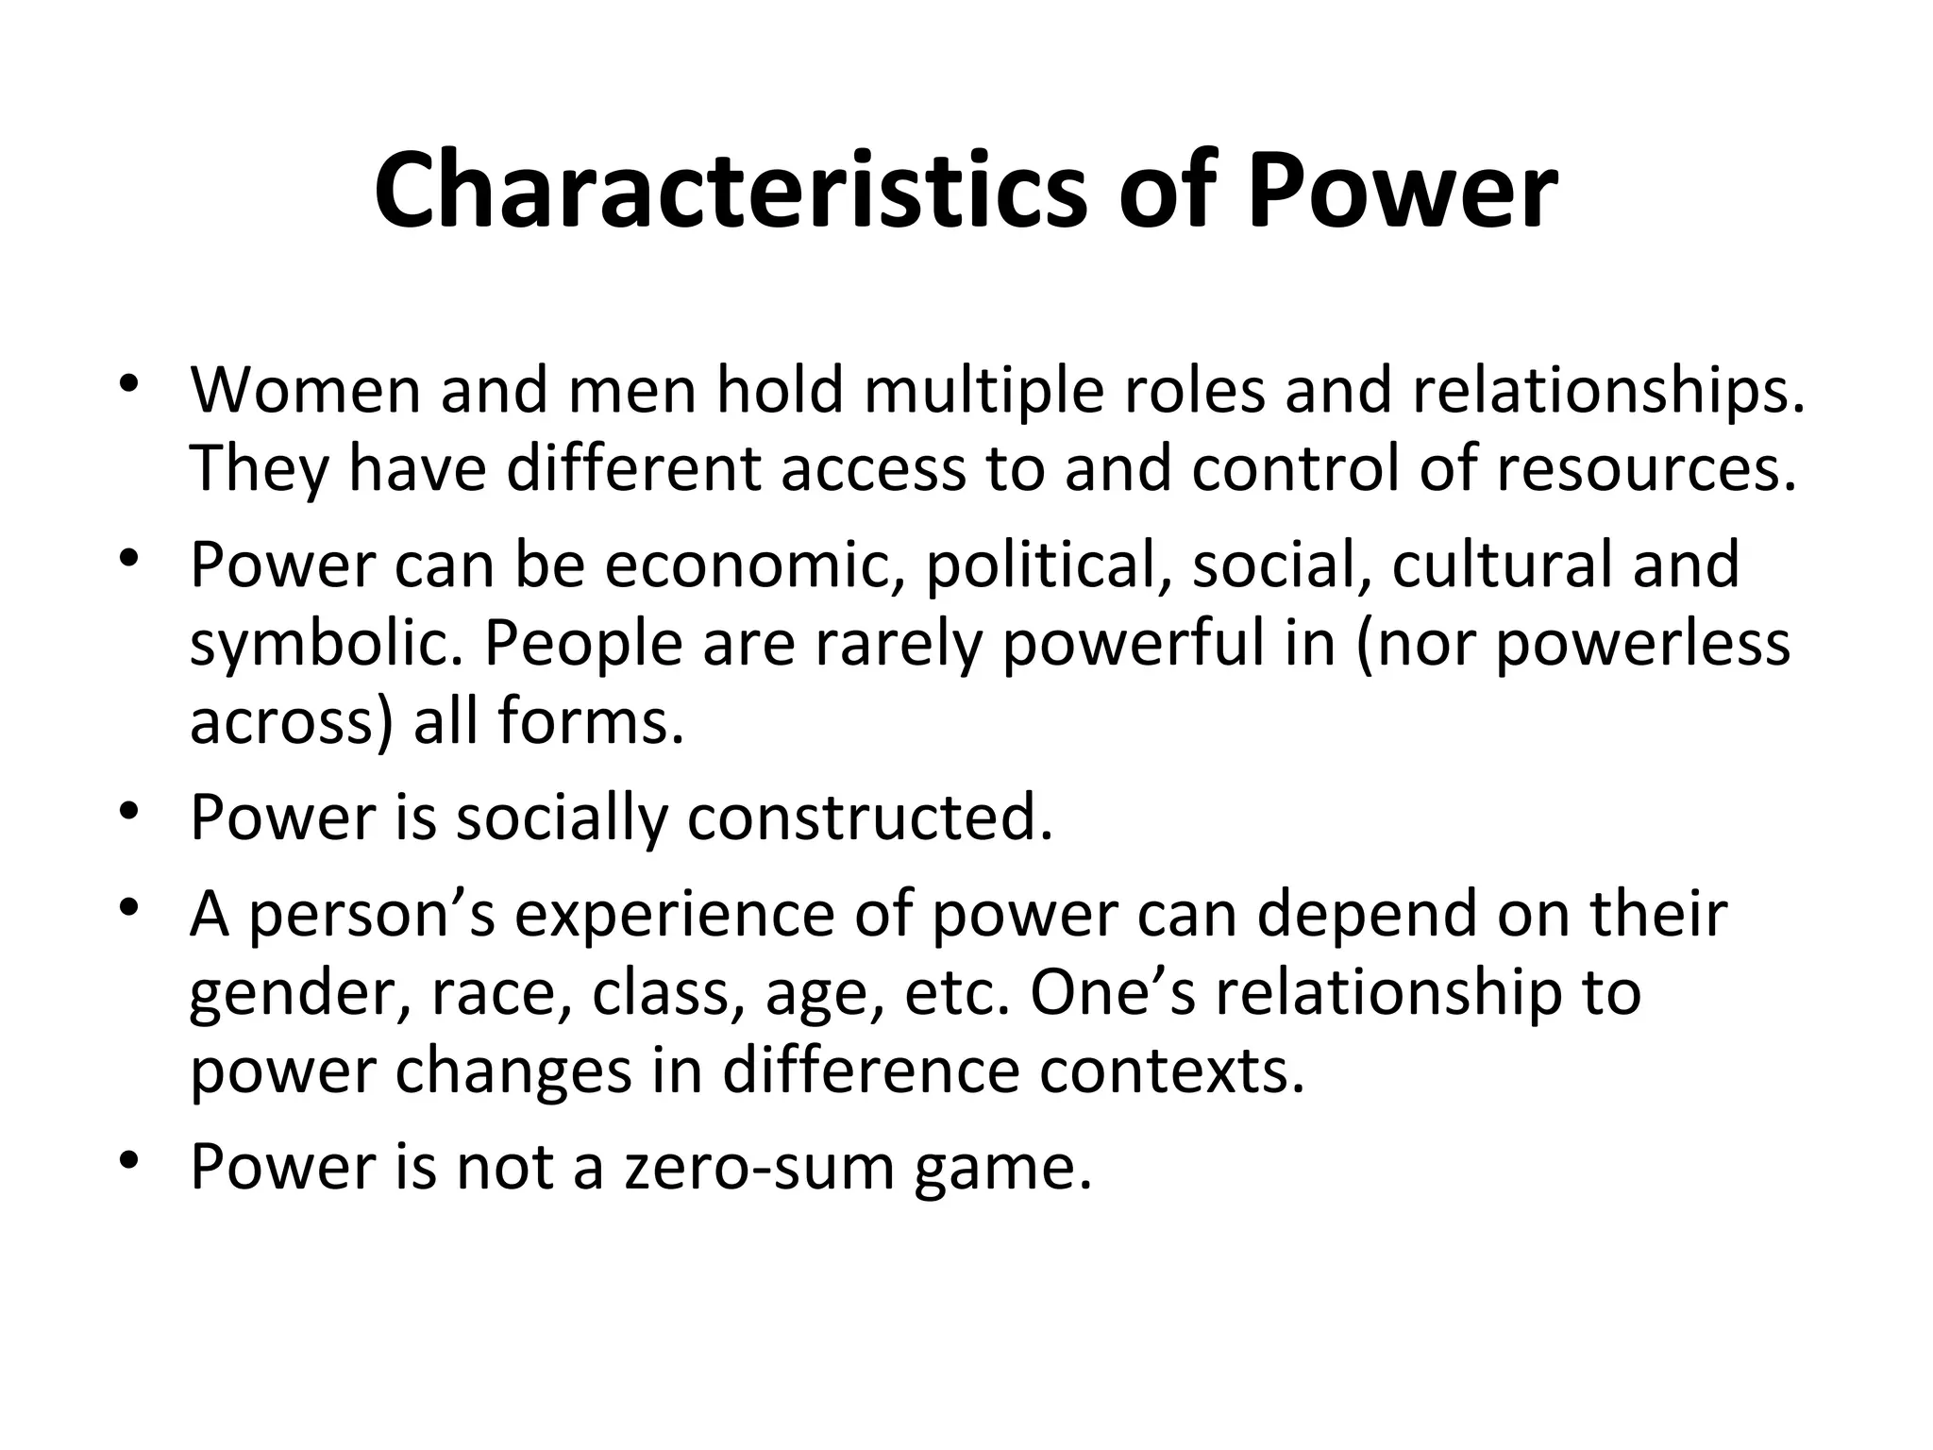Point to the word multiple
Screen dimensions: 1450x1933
(x=983, y=390)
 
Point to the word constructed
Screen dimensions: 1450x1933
(x=869, y=818)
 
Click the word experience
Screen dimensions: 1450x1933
(x=674, y=915)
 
